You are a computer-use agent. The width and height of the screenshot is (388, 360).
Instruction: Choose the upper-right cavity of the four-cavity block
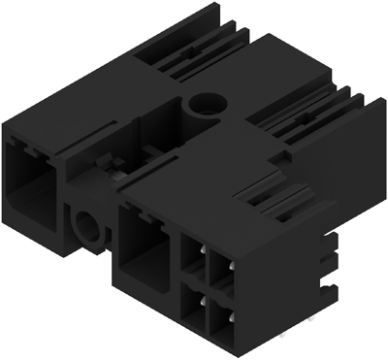(x=221, y=269)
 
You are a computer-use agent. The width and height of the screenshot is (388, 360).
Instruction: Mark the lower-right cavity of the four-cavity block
(x=220, y=321)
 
